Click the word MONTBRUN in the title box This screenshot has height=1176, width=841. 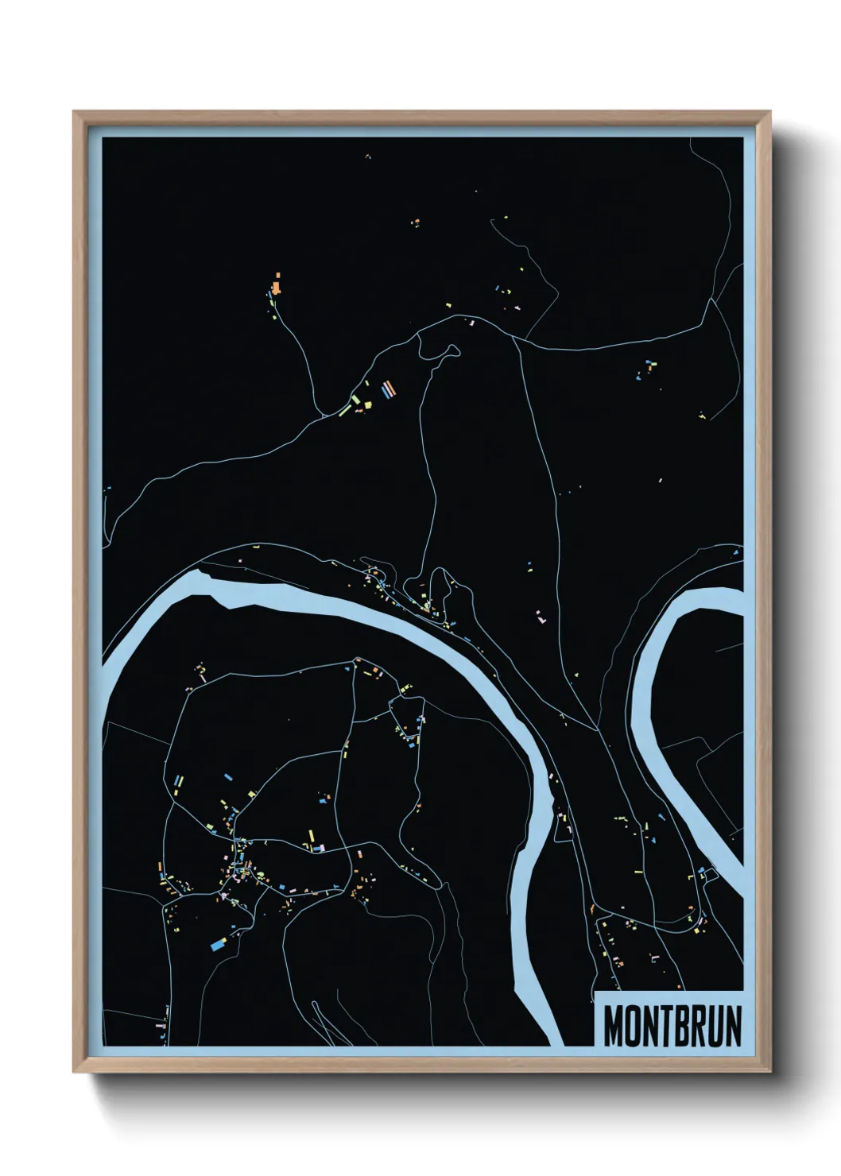point(672,1026)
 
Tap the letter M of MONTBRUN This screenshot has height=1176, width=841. point(614,1026)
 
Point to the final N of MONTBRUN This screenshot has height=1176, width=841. point(731,1026)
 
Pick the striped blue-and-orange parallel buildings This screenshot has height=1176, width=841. point(387,389)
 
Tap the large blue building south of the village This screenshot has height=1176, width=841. point(218,946)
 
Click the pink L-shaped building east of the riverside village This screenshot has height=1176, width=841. point(541,616)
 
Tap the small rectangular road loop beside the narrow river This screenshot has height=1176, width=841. point(708,875)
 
